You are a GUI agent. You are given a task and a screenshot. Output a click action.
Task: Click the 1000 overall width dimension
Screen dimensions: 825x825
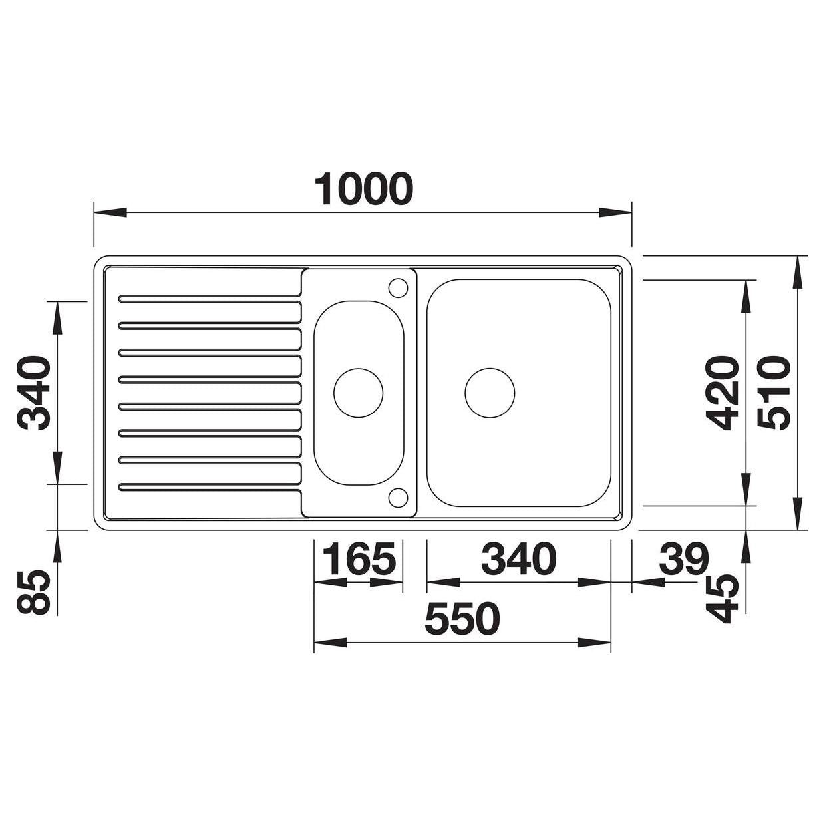point(364,189)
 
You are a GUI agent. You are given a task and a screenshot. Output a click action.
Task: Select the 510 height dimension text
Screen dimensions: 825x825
point(773,393)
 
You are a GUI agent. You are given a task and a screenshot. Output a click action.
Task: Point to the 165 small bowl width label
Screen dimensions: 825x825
point(358,559)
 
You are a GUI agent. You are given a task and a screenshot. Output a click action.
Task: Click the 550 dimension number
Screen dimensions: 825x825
point(462,619)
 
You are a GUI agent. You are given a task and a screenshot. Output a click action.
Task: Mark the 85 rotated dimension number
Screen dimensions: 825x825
point(33,593)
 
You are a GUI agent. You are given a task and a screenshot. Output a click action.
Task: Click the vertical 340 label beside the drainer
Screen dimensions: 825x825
point(33,393)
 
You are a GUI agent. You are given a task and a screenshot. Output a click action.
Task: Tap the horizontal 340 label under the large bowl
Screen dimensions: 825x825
point(518,559)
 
